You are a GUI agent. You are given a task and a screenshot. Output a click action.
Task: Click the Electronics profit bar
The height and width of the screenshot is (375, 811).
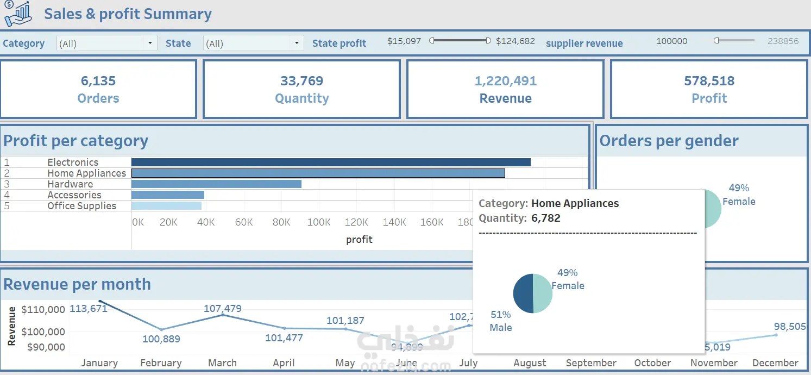[x=330, y=162]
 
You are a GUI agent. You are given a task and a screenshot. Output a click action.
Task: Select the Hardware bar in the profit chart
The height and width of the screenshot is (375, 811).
[x=216, y=184]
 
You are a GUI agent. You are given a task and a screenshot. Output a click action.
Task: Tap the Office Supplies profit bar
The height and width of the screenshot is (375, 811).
[x=166, y=205]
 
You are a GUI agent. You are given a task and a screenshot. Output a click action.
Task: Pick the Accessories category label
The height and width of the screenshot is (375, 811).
[x=74, y=195]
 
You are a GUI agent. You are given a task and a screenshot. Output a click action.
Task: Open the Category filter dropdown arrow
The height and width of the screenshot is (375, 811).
[x=150, y=43]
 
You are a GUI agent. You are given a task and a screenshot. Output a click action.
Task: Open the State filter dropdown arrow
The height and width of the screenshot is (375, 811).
[x=297, y=43]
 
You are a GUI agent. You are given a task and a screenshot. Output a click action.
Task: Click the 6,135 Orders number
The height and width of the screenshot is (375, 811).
[x=98, y=81]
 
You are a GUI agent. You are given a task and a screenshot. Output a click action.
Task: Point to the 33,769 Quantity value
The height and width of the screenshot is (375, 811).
[x=302, y=81]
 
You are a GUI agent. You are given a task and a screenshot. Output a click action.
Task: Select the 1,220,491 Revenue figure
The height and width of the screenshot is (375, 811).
[x=506, y=81]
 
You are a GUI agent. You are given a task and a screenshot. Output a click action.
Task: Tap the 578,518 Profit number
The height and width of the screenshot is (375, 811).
[x=709, y=81]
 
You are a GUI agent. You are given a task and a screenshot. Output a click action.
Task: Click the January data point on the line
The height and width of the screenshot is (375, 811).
[x=100, y=301]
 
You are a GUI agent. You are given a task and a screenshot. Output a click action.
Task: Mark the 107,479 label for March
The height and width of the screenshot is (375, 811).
[x=223, y=308]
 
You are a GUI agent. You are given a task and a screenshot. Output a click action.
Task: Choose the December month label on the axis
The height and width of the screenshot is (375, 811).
[x=775, y=363]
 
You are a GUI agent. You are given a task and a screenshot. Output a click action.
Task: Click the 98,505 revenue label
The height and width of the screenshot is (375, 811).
[x=790, y=327]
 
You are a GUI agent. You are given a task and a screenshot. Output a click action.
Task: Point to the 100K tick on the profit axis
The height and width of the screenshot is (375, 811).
[x=319, y=222]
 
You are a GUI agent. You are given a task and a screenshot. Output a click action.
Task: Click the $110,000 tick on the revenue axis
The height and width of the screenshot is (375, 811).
[x=43, y=310]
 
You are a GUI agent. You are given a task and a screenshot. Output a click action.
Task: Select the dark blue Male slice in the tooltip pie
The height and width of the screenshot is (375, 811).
[x=523, y=293]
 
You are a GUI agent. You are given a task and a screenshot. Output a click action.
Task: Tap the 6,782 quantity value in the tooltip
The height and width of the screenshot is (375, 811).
[x=546, y=218]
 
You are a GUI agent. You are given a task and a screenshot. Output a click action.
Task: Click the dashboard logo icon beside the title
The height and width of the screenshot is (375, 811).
[x=18, y=14]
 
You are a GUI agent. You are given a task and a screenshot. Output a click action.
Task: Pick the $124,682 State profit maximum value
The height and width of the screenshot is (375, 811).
[x=515, y=41]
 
